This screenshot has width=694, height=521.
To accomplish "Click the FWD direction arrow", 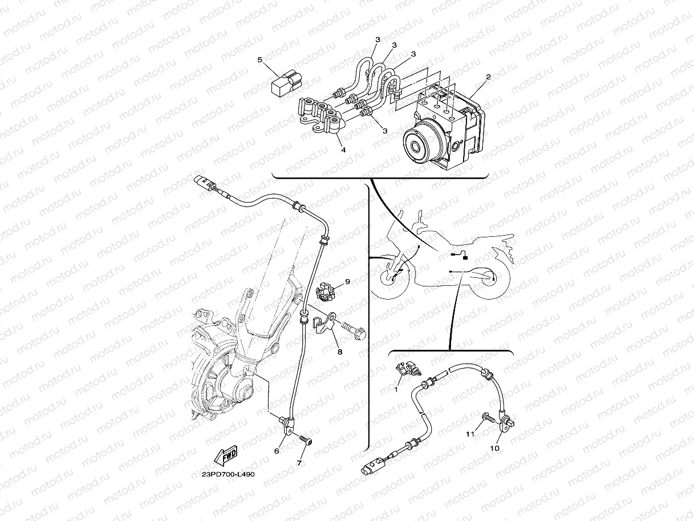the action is click(226, 455).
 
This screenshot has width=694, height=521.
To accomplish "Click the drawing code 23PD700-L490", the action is click(228, 475).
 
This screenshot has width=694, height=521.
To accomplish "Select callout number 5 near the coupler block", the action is click(260, 60).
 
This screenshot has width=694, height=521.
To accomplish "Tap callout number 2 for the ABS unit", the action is click(489, 77).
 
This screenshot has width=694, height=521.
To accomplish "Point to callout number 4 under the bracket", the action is click(343, 150).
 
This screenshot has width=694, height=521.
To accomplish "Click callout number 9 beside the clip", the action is click(347, 281).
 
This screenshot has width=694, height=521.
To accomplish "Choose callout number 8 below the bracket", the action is click(340, 352).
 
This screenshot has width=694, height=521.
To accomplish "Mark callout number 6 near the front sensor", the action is click(277, 451).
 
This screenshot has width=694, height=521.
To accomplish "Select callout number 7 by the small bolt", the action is click(299, 463).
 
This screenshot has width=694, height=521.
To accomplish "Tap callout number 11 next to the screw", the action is click(470, 434).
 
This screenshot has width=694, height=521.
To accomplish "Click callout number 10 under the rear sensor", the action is click(495, 449).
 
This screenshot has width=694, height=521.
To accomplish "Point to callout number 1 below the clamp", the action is click(396, 390).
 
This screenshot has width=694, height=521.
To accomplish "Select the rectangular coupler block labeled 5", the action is click(287, 83).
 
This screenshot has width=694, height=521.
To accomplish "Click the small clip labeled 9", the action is click(326, 293).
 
